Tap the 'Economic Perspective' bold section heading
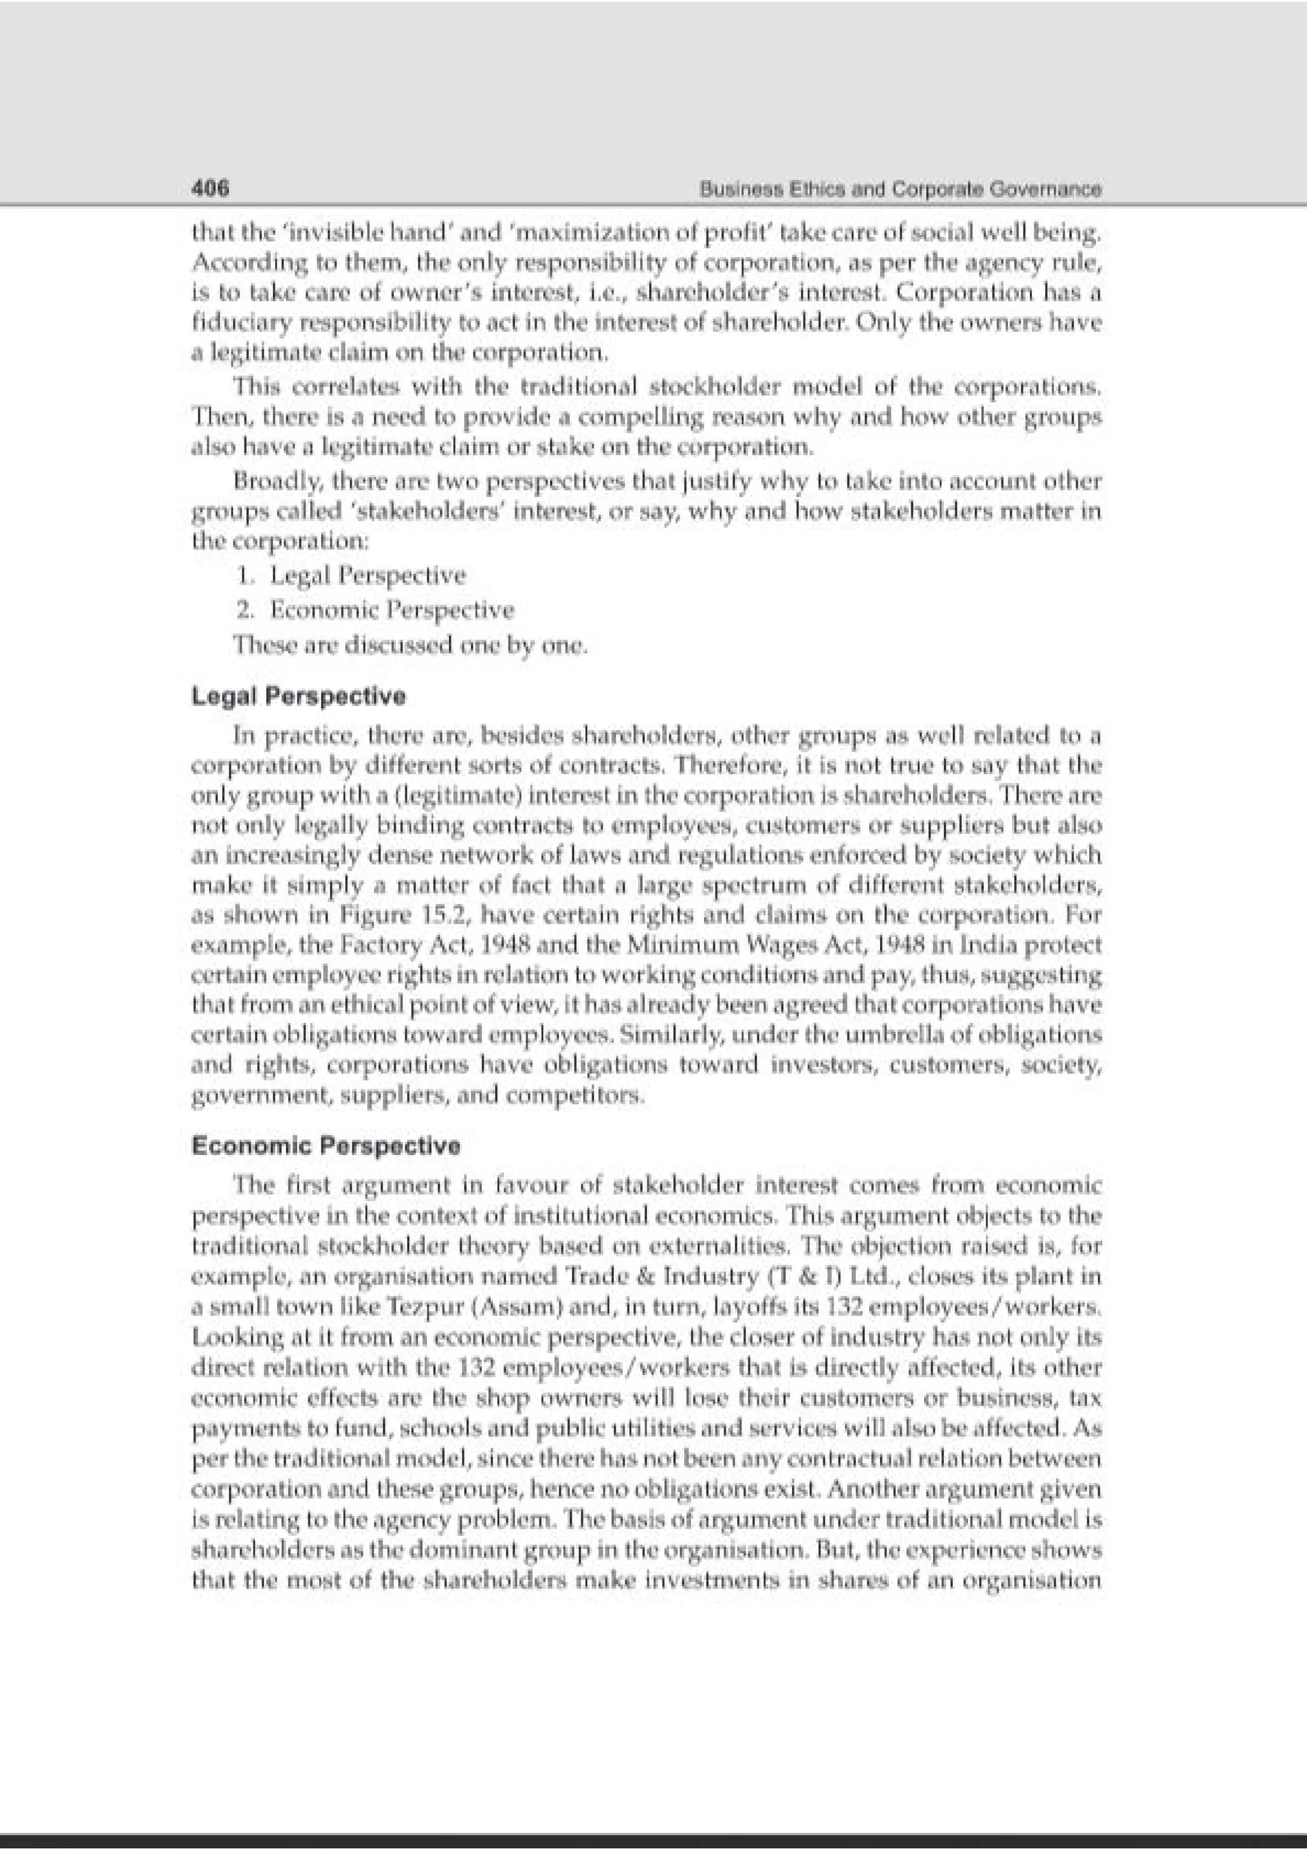coord(325,1146)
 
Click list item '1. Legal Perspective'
coord(352,575)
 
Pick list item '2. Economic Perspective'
coord(375,609)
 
